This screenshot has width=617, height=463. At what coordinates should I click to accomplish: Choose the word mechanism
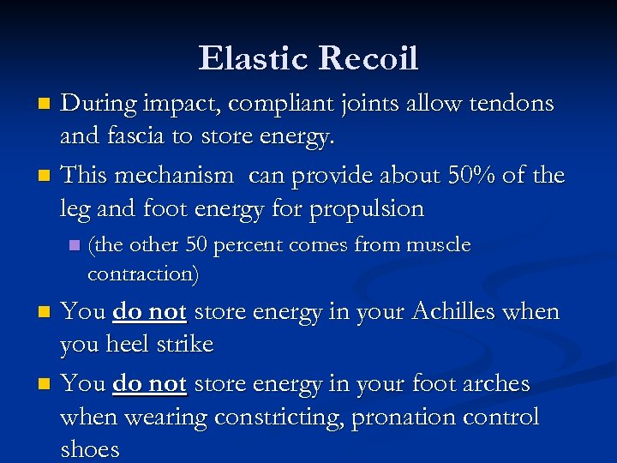(176, 176)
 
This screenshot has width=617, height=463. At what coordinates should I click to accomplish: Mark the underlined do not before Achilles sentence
(149, 311)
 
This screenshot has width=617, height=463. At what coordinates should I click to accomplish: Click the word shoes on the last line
(89, 449)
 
